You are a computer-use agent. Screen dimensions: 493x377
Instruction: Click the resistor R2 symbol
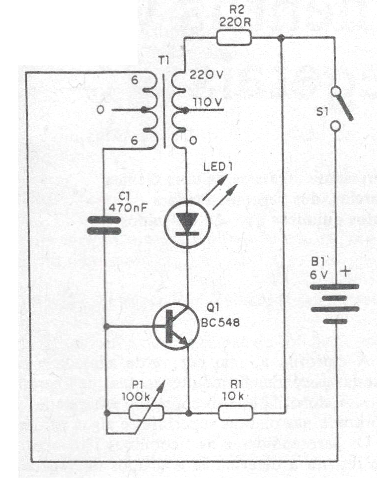click(x=234, y=38)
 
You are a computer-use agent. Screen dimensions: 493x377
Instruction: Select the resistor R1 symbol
click(x=236, y=412)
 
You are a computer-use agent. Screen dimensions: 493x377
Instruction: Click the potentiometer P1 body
click(x=147, y=412)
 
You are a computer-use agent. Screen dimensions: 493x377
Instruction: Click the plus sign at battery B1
click(x=345, y=272)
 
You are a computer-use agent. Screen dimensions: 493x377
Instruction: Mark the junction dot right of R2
click(x=281, y=38)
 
